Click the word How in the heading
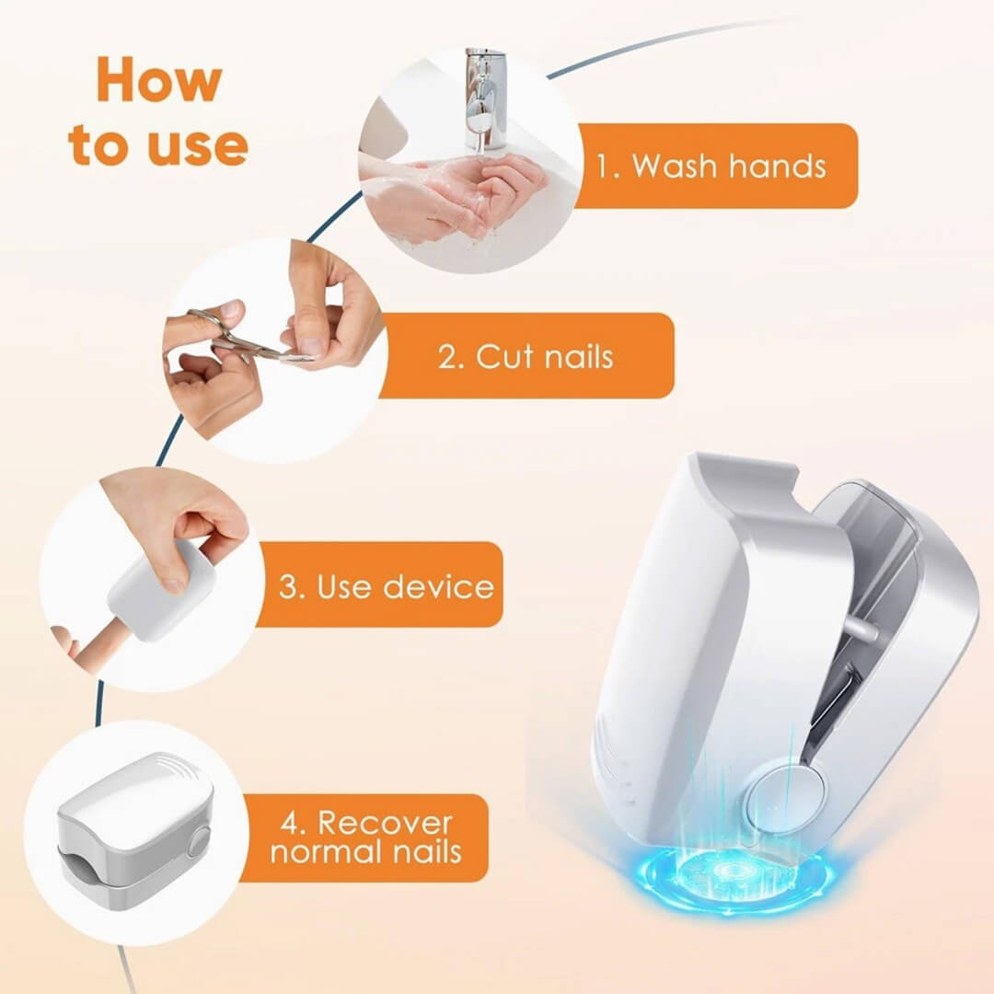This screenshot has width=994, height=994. pyautogui.click(x=158, y=80)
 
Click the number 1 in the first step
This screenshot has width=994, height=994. pyautogui.click(x=606, y=167)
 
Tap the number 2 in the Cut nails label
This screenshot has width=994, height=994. pyautogui.click(x=450, y=356)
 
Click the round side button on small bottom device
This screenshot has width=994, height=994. pyautogui.click(x=199, y=840)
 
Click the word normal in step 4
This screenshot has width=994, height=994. pyautogui.click(x=319, y=851)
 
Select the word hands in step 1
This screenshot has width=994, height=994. pyautogui.click(x=777, y=167)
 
